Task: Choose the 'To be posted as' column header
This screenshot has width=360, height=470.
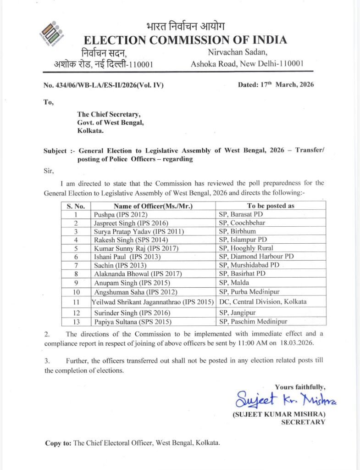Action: [271, 206]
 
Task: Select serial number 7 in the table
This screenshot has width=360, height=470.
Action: [76, 265]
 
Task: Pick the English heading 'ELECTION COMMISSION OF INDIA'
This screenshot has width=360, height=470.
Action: [185, 40]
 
